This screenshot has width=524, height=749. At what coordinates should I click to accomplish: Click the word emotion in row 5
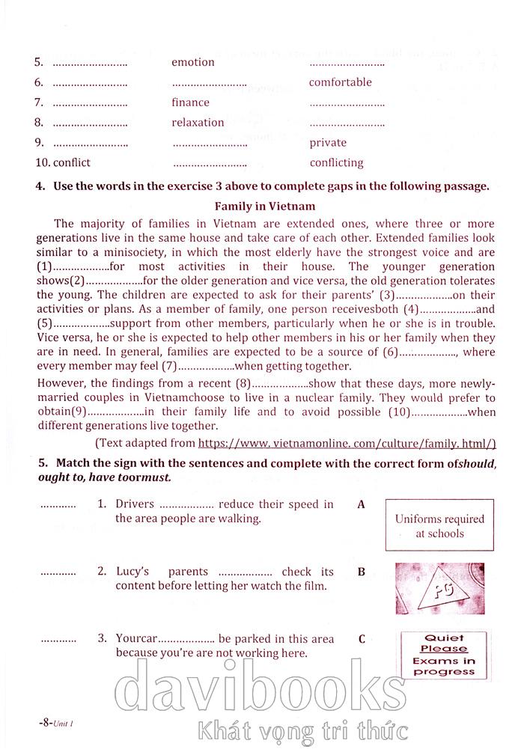coord(192,62)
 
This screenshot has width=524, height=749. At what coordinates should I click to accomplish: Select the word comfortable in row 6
coord(340,82)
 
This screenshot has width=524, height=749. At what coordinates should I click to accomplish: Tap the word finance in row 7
coord(190,103)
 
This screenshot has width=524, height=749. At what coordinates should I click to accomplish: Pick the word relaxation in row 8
coord(198,123)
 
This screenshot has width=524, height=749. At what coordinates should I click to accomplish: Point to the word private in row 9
coord(328,143)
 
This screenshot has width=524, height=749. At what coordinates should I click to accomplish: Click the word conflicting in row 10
coord(336,163)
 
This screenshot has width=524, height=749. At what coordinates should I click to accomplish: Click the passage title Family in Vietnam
coord(265,205)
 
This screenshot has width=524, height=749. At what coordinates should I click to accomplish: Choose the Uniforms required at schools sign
coord(439,526)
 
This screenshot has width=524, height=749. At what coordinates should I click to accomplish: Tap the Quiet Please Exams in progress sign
coord(445,655)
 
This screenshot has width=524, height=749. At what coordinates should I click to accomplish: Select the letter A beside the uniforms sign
coord(361,504)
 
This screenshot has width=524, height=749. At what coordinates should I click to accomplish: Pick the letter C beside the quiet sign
coord(362,639)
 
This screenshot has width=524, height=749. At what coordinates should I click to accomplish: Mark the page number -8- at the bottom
coord(46,724)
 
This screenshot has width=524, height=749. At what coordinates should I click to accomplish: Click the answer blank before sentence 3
coord(58,639)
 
